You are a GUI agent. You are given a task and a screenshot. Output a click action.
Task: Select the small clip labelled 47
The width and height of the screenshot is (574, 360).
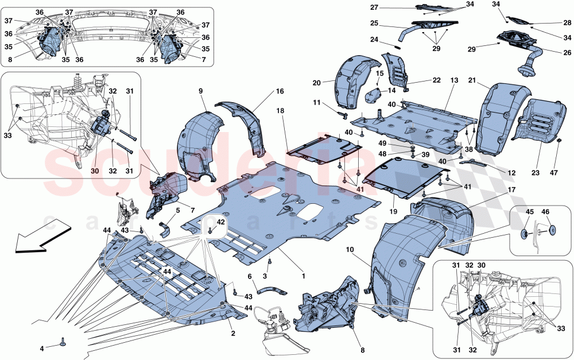559,140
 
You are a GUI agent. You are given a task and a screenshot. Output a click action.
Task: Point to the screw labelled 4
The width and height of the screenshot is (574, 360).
63,344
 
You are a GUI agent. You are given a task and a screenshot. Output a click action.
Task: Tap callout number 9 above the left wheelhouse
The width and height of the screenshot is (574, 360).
201,91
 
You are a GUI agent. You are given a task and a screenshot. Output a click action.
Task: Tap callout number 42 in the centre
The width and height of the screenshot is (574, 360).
220,222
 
